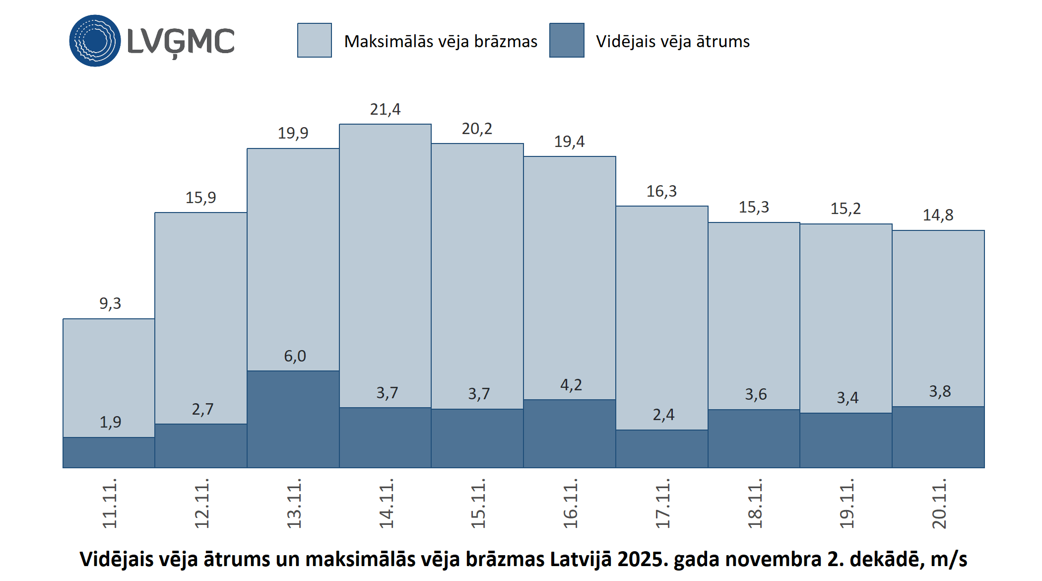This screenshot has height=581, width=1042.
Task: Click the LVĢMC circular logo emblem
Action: pos(95,41)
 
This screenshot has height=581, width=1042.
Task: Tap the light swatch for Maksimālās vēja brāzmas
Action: pos(315,40)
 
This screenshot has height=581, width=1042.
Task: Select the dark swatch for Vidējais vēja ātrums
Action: pos(567,40)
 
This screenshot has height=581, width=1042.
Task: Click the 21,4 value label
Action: pos(385,109)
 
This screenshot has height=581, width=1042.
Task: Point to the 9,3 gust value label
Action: pos(110,303)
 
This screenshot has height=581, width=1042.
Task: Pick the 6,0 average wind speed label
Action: pos(295,356)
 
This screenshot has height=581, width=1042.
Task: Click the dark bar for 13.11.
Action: pos(293,419)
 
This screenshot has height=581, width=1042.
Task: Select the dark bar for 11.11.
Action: pos(109,452)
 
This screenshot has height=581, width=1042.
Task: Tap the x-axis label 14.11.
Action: pos(386,503)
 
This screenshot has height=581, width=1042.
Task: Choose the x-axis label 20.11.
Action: pos(939,503)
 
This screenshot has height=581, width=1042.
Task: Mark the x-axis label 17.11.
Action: pos(662,503)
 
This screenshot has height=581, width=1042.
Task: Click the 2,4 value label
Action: pos(663,415)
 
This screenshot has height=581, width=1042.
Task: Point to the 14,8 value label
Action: pos(938,215)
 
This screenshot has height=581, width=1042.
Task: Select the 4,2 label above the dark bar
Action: pos(571,385)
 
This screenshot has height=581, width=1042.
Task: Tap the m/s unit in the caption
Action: pos(949,559)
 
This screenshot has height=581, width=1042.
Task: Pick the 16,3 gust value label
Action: pos(661,191)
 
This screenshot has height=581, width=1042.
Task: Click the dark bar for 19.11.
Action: pos(846,440)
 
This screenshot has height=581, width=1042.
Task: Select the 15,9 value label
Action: pos(201,198)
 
